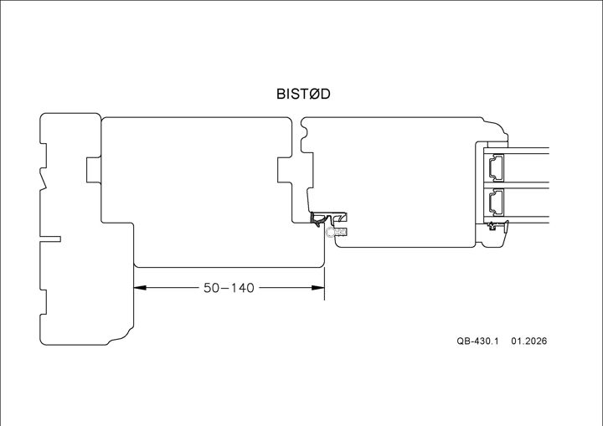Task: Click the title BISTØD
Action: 303,94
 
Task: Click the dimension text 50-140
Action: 229,288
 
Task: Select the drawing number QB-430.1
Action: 477,341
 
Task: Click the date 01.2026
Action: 528,341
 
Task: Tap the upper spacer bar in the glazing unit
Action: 496,167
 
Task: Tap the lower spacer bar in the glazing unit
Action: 496,202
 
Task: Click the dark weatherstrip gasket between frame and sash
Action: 322,220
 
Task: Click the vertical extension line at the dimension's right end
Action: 325,268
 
